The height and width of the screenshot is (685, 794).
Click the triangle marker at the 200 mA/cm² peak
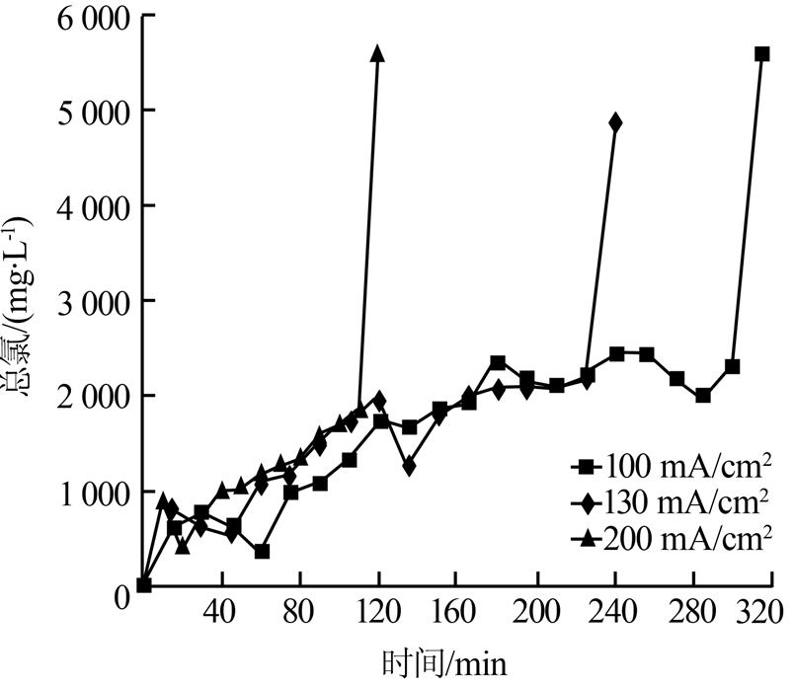[376, 52]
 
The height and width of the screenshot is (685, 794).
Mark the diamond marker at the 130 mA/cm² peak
[616, 122]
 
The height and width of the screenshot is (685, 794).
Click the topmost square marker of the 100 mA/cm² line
[761, 53]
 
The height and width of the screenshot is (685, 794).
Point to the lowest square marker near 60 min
[262, 551]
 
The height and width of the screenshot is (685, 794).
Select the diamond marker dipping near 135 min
[409, 466]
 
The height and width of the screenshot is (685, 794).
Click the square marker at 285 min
[702, 396]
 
